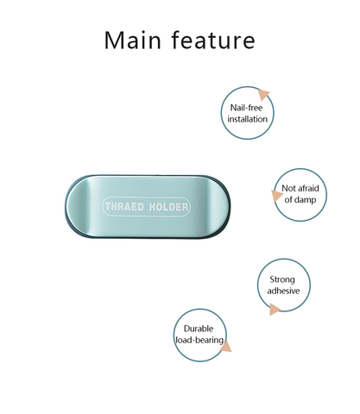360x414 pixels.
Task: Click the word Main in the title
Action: click(132, 41)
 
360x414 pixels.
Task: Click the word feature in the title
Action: click(213, 40)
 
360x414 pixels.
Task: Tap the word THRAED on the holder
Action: click(124, 207)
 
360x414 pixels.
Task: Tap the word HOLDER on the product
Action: click(168, 207)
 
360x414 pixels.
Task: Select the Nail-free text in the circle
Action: click(246, 108)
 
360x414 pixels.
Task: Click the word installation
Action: click(247, 119)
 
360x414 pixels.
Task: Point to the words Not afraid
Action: click(300, 188)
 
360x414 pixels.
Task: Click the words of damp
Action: click(300, 199)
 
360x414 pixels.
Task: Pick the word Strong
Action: click(282, 279)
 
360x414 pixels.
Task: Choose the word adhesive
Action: click(283, 291)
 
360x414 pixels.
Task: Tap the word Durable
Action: click(199, 329)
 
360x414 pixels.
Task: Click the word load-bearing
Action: click(199, 340)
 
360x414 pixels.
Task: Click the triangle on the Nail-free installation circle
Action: click(263, 94)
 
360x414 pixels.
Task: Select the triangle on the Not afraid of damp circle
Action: click(276, 196)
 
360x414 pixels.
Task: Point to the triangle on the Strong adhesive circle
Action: click(275, 310)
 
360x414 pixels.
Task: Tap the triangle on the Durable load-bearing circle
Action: click(226, 347)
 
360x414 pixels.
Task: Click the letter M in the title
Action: click(114, 41)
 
